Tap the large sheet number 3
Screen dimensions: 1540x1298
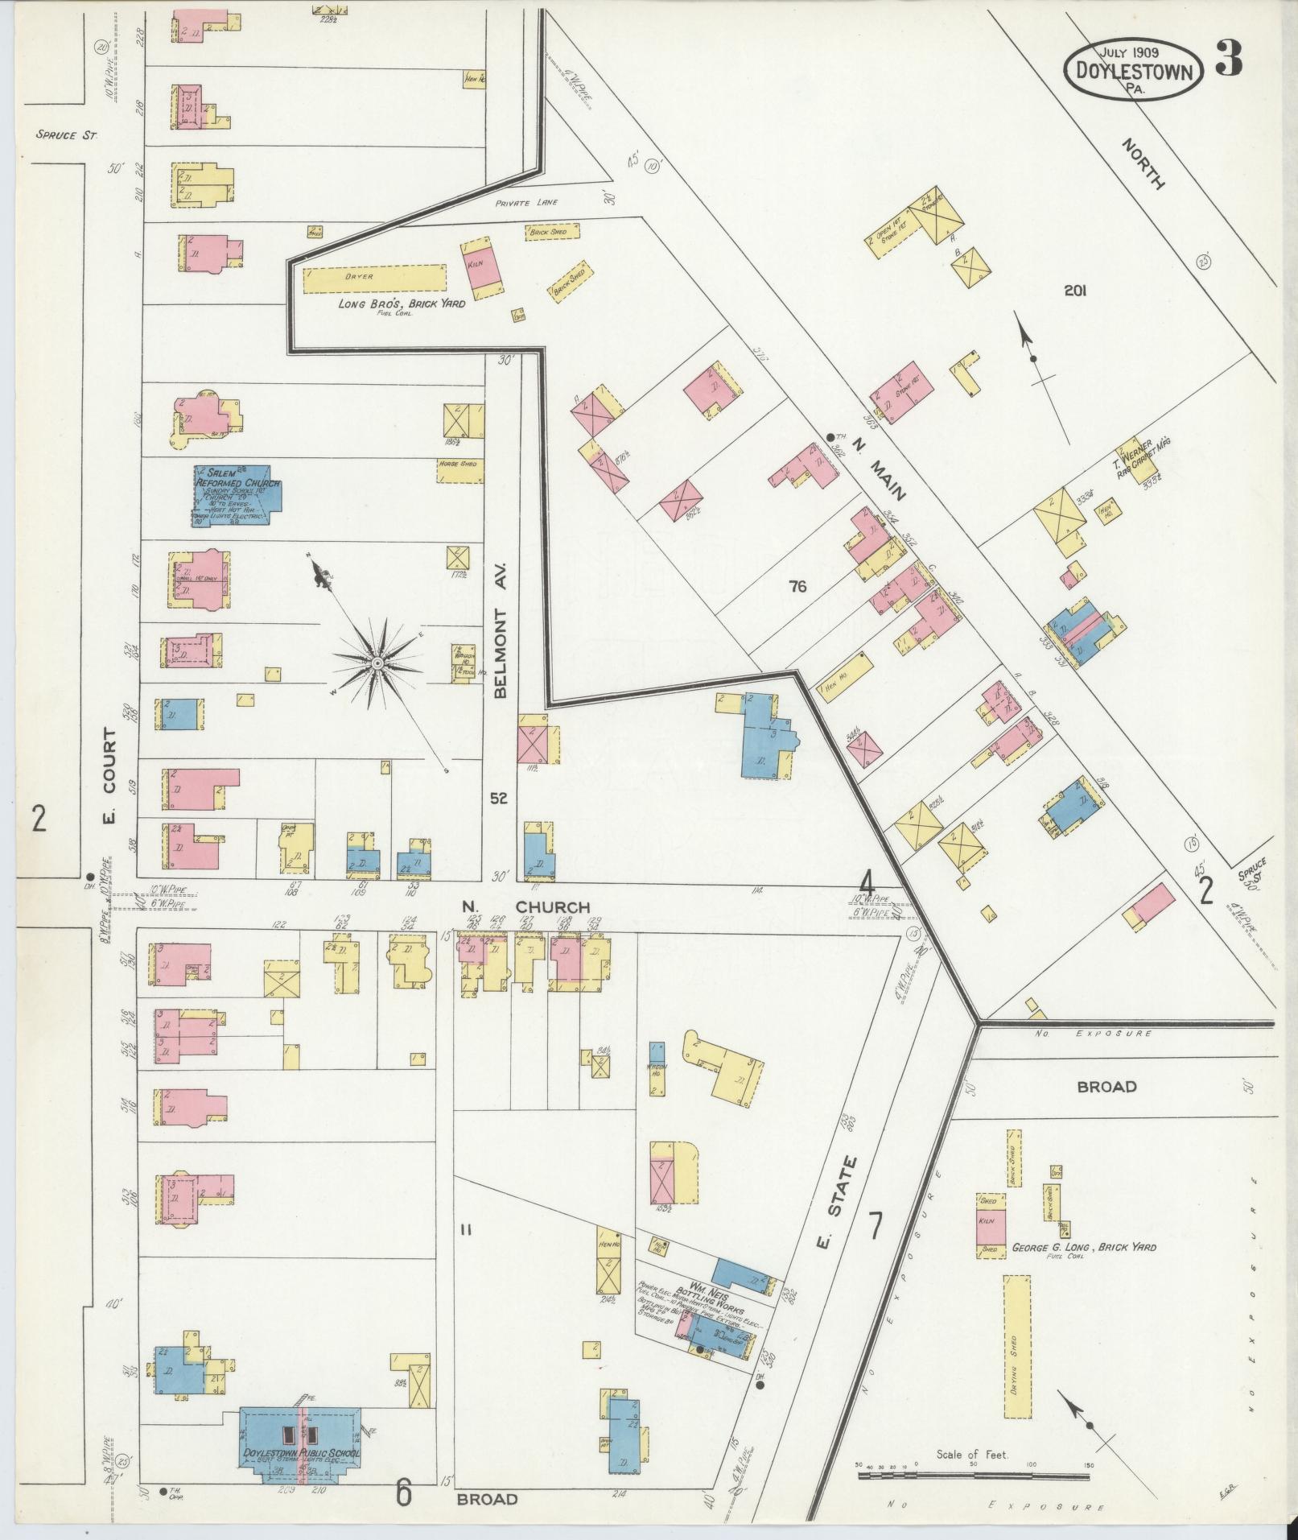point(1228,58)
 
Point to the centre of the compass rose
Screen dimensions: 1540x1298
point(376,662)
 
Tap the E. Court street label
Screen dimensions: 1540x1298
point(109,777)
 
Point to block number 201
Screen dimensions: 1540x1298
point(1074,291)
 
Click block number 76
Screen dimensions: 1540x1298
point(797,587)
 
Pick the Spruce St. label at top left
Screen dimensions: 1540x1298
point(66,135)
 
